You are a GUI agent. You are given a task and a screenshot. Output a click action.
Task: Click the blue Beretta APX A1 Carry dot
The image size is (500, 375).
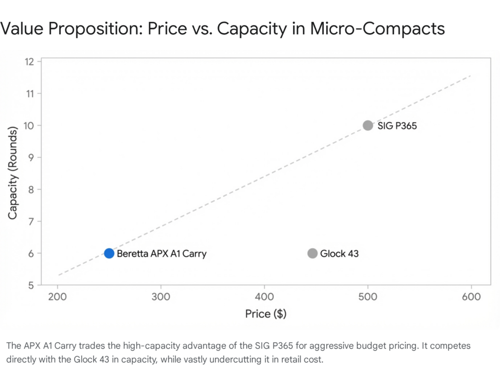pyautogui.click(x=109, y=253)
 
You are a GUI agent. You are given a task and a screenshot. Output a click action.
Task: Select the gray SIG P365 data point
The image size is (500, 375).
pyautogui.click(x=368, y=125)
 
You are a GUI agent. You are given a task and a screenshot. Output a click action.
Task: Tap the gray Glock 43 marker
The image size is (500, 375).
pyautogui.click(x=312, y=253)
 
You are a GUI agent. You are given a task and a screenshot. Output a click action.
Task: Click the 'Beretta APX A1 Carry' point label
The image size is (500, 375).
pyautogui.click(x=161, y=254)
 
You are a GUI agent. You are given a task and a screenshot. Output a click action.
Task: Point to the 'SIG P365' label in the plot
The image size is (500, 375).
pyautogui.click(x=397, y=126)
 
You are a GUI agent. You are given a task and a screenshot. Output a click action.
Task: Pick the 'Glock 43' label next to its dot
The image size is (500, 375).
pyautogui.click(x=339, y=254)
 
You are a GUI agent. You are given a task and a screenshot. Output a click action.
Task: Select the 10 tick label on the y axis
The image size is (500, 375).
pyautogui.click(x=30, y=125)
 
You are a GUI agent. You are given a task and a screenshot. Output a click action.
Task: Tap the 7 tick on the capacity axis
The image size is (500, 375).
pyautogui.click(x=32, y=221)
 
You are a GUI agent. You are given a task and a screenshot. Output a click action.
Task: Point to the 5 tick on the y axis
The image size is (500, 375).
pyautogui.click(x=32, y=285)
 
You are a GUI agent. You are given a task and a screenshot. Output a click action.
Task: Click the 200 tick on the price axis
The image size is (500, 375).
pyautogui.click(x=58, y=296)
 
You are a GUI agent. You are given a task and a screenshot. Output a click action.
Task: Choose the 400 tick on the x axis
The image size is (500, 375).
pyautogui.click(x=265, y=296)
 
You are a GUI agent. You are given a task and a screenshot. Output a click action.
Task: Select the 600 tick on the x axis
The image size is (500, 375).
pyautogui.click(x=471, y=296)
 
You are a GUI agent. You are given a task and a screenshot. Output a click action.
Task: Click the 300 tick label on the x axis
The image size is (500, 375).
pyautogui.click(x=161, y=296)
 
